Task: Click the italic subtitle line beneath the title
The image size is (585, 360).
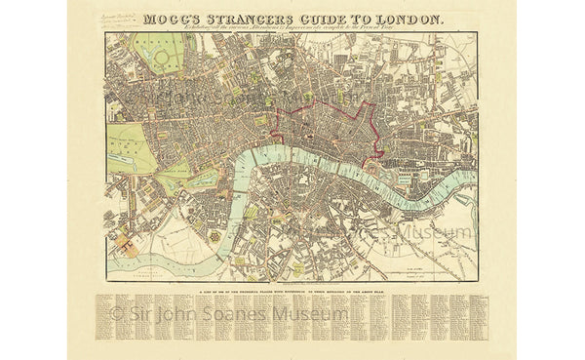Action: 292,28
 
